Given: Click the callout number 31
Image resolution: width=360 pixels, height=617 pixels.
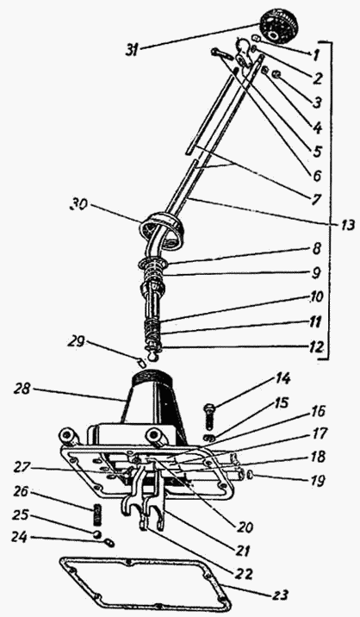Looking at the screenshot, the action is [x=132, y=51].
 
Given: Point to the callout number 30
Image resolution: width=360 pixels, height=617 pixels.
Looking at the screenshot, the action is [x=78, y=205].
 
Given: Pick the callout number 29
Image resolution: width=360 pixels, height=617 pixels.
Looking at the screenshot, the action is [x=76, y=341].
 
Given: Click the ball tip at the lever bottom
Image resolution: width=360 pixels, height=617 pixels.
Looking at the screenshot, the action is [x=152, y=356].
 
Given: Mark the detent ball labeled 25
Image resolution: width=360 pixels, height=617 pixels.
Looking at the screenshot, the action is [x=97, y=534].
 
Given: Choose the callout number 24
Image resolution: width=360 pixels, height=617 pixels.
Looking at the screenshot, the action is [x=20, y=537].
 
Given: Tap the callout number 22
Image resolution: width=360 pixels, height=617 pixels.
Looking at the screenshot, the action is [x=244, y=574].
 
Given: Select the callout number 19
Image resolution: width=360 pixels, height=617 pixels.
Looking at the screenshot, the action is [x=317, y=480].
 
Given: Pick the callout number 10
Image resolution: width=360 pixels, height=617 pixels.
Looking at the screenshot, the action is [x=315, y=296].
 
